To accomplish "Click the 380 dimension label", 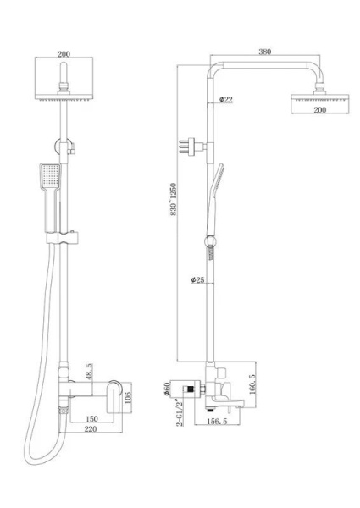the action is tap(265, 52).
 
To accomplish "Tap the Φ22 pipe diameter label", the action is tap(226, 99).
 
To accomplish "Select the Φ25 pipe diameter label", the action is tap(197, 280).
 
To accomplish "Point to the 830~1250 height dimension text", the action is tap(174, 200).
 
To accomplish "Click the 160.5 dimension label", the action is tap(252, 384).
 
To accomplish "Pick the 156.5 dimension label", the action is tap(217, 421).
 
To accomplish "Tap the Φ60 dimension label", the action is tap(167, 389).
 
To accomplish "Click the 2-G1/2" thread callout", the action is tap(180, 412).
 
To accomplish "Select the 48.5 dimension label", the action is tap(90, 372).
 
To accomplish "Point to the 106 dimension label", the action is tap(128, 396).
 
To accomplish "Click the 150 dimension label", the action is tap(91, 418).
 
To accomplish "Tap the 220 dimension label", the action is tap(91, 428).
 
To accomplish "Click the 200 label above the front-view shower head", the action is tap(64, 54).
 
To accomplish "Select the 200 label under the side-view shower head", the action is tap(320, 110).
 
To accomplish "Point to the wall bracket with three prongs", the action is tap(192, 146).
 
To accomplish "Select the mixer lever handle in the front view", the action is tap(114, 396).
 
